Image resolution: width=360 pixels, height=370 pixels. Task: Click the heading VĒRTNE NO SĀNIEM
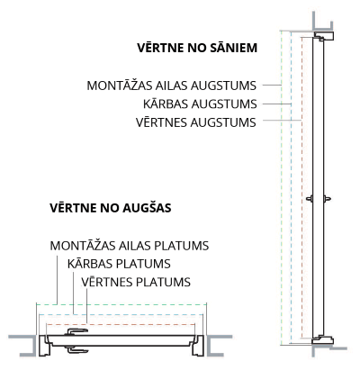(197, 48)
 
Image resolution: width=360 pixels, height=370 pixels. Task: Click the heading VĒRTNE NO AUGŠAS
(111, 208)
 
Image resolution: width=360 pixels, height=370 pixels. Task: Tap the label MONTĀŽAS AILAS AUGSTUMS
(171, 85)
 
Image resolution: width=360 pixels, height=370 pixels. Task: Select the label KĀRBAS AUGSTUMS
(200, 104)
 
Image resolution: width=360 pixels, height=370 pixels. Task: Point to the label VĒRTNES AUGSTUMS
(196, 122)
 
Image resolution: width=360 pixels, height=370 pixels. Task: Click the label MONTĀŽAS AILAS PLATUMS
(130, 246)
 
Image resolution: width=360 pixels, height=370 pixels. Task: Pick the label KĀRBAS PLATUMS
(119, 264)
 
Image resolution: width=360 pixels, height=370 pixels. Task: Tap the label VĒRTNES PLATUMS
(136, 282)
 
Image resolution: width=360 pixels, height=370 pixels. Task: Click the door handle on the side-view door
(319, 198)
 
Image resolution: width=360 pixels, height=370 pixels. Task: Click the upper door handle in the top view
(76, 331)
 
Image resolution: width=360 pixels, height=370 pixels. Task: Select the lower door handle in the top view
(76, 350)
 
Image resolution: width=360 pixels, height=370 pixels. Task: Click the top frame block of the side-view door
(324, 35)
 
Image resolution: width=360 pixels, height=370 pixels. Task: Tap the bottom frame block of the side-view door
(323, 340)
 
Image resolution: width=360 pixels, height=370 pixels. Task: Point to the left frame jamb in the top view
(43, 346)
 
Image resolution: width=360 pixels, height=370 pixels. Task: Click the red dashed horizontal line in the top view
(121, 324)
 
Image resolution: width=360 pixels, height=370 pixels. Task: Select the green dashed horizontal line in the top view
(121, 304)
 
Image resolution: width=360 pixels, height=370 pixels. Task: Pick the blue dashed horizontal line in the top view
(121, 314)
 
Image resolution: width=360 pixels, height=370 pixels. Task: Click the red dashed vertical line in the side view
(301, 187)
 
